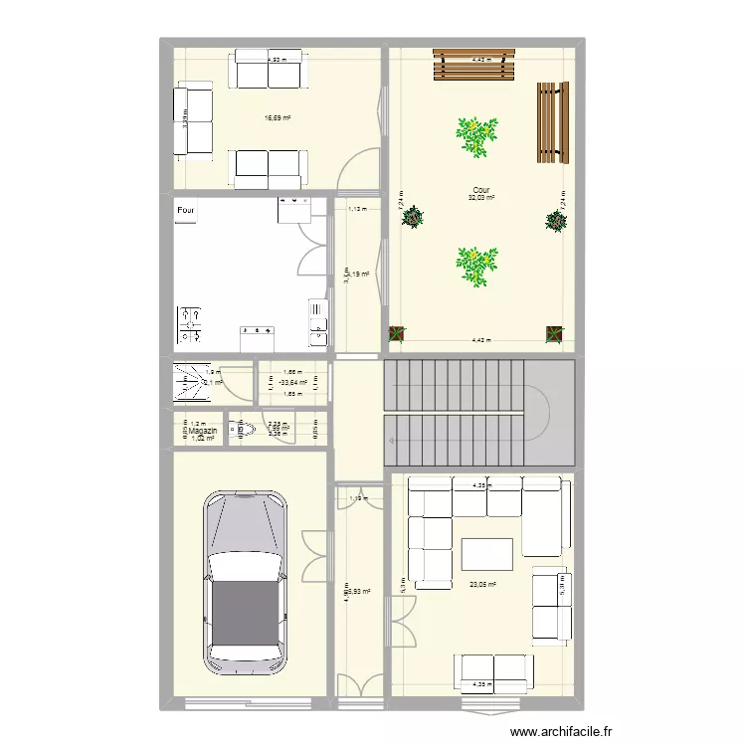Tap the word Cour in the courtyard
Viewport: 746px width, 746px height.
(x=481, y=190)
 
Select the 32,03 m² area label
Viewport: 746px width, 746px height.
(x=481, y=198)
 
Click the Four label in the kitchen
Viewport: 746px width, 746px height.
(x=186, y=211)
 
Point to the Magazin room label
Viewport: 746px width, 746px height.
(x=199, y=431)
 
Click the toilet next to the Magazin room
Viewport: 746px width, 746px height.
(x=242, y=430)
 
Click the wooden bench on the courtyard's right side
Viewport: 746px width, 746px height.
(x=551, y=122)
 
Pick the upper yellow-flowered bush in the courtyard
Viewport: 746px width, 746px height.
(x=476, y=136)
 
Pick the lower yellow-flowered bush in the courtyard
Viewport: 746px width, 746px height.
(x=476, y=266)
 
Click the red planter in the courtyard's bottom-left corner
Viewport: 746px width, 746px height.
(x=397, y=334)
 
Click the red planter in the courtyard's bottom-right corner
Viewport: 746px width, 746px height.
(x=553, y=334)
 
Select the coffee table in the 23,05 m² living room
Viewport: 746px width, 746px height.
(x=486, y=554)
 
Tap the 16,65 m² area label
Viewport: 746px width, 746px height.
(x=277, y=117)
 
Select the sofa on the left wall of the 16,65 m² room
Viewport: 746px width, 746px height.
(x=193, y=120)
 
